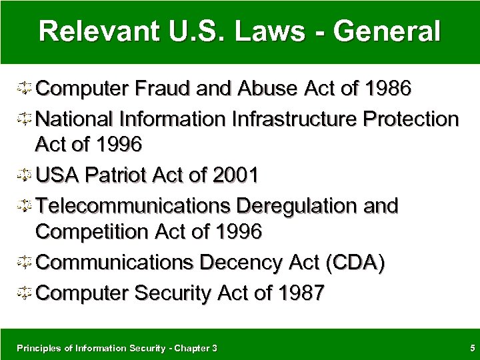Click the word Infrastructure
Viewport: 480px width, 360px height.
294,119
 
